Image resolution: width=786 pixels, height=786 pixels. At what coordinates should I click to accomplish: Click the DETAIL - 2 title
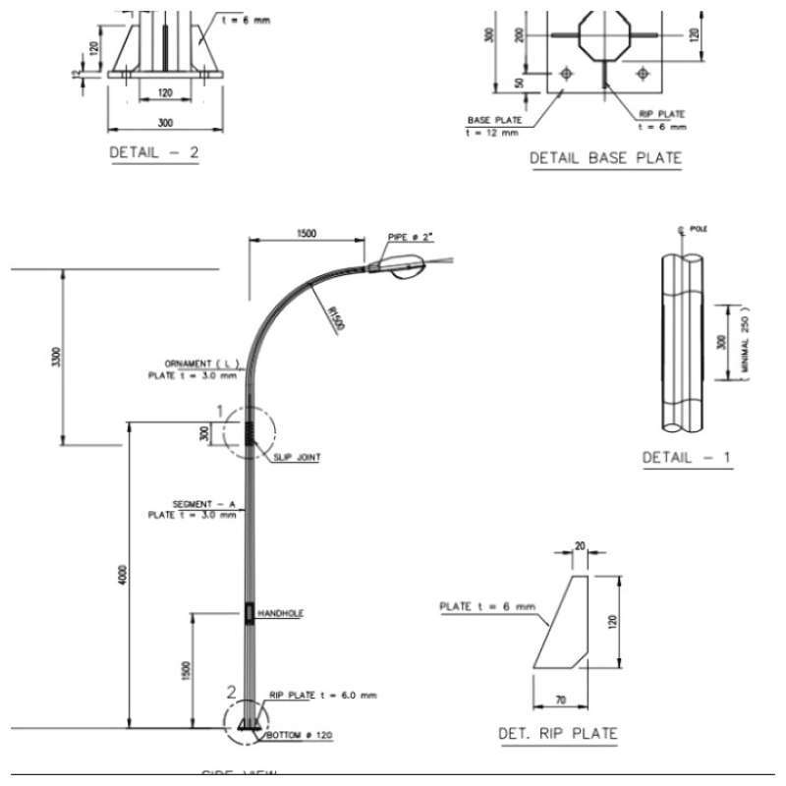[x=153, y=153]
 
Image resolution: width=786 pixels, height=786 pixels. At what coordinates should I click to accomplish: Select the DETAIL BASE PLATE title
[x=605, y=157]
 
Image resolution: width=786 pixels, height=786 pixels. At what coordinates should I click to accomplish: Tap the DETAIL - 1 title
[x=687, y=458]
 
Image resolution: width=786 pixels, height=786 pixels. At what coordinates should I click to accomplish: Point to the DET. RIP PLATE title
[x=558, y=733]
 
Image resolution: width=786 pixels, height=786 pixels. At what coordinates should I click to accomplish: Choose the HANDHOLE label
[x=280, y=613]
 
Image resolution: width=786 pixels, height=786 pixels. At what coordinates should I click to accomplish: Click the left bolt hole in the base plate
[x=566, y=74]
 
